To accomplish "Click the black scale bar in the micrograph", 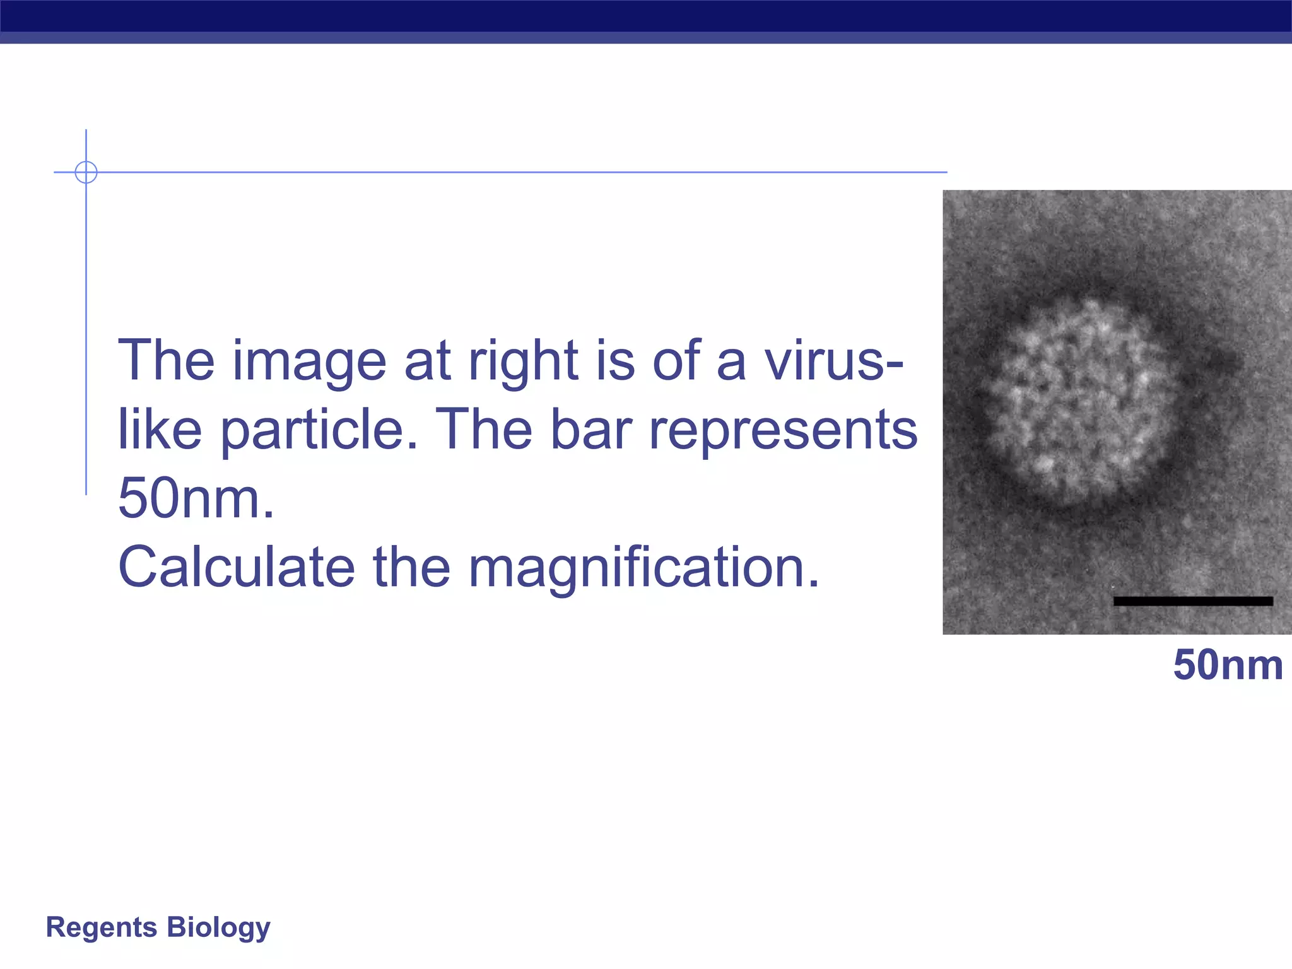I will [1192, 601].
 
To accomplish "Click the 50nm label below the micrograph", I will [1228, 665].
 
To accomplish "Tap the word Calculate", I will [236, 567].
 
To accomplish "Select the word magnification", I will [643, 568].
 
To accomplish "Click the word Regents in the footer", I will [102, 927].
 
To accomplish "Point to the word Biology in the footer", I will [219, 928].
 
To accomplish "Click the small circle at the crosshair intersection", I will [86, 172].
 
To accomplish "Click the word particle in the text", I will [319, 431].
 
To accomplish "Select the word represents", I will [783, 430].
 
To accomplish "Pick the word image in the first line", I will [309, 362].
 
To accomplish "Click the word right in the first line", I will [523, 362].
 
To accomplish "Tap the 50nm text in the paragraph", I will [196, 498].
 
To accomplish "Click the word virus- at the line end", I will [833, 361].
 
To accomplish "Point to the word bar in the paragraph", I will [590, 430].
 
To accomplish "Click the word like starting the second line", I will [160, 430].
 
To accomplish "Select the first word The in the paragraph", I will [166, 361].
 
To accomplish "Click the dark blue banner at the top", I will [646, 16].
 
